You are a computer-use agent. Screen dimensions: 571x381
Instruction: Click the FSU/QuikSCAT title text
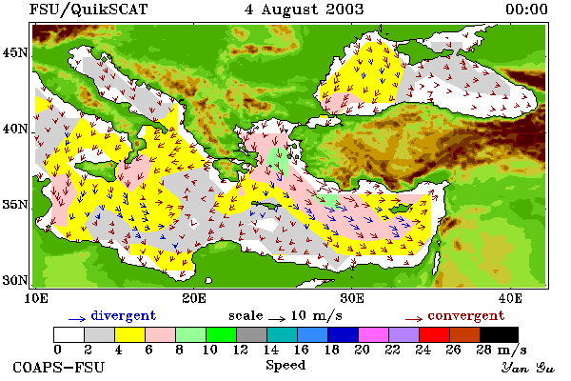[x=89, y=10]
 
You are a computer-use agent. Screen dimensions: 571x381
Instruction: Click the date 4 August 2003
[x=305, y=10]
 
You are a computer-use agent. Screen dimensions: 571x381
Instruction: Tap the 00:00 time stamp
[x=526, y=10]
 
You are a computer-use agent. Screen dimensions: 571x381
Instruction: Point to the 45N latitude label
[x=14, y=53]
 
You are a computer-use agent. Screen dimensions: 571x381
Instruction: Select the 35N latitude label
[x=14, y=205]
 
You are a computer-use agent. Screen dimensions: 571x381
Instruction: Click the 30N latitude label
[x=14, y=280]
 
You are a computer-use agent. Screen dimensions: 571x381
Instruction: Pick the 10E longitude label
[x=36, y=298]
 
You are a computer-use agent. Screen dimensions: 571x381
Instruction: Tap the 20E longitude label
[x=194, y=298]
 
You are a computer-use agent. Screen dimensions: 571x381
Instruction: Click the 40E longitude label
[x=510, y=298]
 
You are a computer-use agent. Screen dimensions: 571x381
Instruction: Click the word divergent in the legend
[x=124, y=315]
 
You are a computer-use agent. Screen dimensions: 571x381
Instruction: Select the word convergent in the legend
[x=466, y=315]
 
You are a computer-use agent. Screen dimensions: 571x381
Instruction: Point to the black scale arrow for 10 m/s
[x=277, y=319]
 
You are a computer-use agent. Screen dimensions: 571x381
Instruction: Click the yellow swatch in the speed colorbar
[x=130, y=334]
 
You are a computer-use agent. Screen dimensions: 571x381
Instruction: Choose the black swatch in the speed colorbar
[x=499, y=334]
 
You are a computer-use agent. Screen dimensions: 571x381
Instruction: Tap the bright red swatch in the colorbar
[x=435, y=334]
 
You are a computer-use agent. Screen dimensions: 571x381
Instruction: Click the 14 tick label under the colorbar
[x=270, y=350]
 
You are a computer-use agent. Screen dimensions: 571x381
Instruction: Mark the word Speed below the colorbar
[x=285, y=366]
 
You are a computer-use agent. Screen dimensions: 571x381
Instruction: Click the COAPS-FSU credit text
[x=58, y=367]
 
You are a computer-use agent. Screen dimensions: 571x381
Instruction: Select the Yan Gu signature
[x=528, y=368]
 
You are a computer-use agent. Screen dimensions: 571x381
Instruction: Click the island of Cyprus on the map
[x=401, y=209]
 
